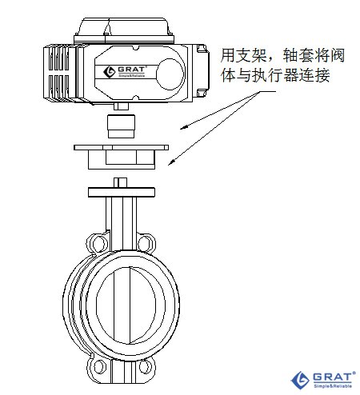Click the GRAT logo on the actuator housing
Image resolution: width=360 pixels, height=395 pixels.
[125, 71]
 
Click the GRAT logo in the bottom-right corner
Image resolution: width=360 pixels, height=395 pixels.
[323, 380]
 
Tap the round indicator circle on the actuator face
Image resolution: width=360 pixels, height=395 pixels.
[170, 74]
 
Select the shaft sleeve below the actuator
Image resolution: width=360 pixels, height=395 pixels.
[121, 126]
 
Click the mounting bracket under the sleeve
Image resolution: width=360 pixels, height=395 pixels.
[121, 157]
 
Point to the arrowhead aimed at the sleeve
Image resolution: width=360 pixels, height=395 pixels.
[183, 128]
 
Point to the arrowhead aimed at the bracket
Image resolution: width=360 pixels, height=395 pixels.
[171, 162]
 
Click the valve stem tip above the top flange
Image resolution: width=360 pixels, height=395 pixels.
[120, 182]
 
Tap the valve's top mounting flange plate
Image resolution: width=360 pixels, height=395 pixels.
[122, 192]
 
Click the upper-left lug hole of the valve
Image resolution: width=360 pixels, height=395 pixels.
[98, 244]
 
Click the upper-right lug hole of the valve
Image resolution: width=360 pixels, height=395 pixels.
[146, 244]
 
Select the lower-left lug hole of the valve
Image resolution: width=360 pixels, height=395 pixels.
[98, 366]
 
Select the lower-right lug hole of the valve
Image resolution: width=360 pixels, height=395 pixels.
[144, 366]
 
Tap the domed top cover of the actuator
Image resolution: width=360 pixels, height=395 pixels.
[124, 26]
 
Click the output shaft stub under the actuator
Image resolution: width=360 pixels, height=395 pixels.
[122, 106]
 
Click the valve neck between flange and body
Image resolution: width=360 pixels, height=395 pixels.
[122, 223]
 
